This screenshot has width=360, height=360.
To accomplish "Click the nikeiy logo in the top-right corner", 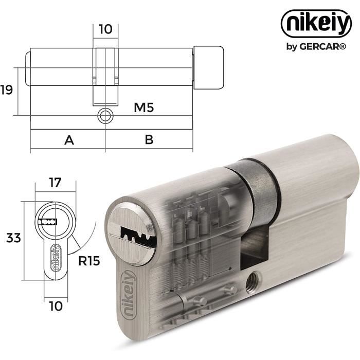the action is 316,24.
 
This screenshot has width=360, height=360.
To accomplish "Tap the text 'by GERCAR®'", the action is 316,47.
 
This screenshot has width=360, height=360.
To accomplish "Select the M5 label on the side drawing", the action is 143,107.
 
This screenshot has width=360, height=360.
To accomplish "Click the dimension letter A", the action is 69,140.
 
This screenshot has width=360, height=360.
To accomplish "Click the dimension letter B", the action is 149,139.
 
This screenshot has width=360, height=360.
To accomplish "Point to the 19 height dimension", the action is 6,90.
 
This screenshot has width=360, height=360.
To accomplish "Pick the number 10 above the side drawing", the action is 105,29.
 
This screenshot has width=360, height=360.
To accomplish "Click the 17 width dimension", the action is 55,183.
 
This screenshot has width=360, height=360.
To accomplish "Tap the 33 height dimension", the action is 13,238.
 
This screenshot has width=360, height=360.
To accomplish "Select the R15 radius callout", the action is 89,261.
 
